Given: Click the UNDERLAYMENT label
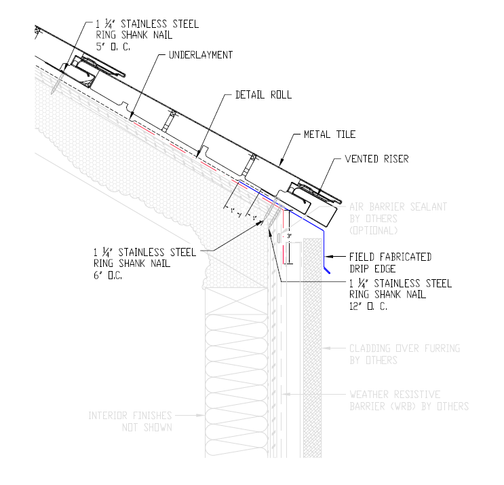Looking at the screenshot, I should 202,54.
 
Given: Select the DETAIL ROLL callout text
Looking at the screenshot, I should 263,94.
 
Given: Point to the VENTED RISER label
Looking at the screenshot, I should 377,159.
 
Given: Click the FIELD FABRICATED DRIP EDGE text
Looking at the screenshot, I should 390,262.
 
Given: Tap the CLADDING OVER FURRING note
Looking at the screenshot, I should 404,355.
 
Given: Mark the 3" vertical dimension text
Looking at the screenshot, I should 288,236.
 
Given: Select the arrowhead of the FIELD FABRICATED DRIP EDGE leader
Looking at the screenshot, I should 327,257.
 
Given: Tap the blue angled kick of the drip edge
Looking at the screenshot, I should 327,271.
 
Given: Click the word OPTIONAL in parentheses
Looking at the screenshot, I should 375,231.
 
